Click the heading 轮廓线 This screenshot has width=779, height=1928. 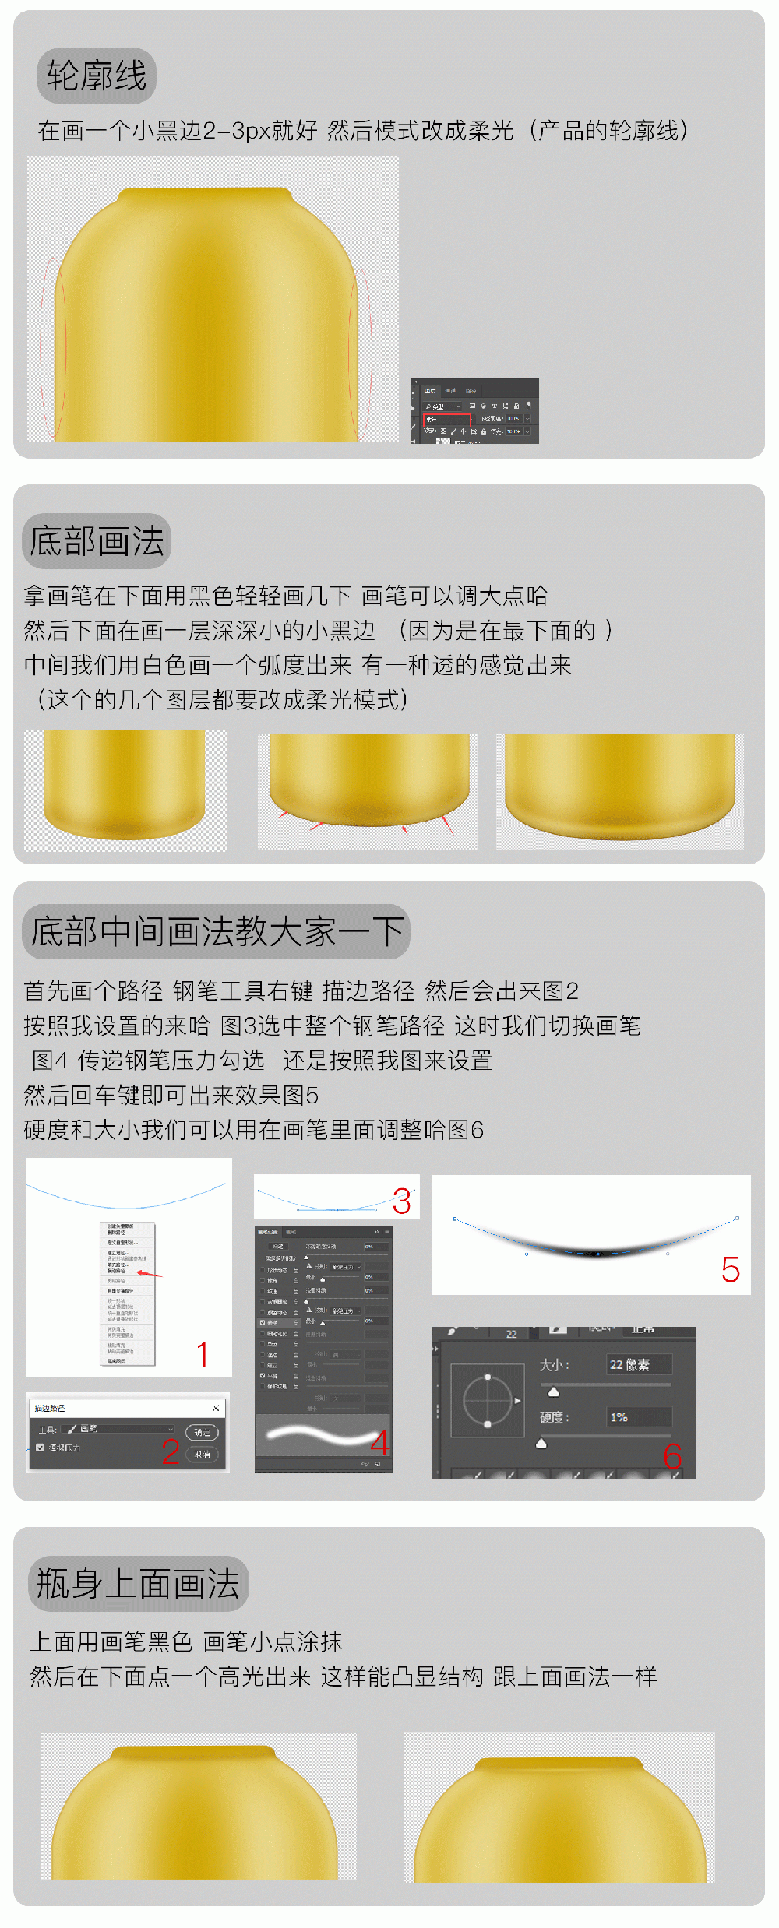coord(97,76)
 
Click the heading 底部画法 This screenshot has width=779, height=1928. coord(97,541)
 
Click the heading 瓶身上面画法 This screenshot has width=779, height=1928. coord(138,1583)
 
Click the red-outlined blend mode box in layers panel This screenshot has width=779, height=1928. coord(446,419)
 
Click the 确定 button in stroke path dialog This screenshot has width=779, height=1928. coord(202,1432)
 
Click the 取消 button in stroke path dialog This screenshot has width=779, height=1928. coord(202,1454)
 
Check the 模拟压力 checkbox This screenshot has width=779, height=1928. coord(40,1448)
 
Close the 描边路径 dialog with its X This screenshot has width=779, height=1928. coord(216,1408)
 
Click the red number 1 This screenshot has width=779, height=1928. coord(203,1354)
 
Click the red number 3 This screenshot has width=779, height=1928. coord(402,1201)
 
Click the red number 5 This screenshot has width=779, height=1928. coord(730,1270)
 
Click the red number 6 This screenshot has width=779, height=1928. coord(672,1456)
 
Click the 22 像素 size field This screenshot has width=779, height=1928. coord(638,1364)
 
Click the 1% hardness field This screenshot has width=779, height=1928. coord(638,1416)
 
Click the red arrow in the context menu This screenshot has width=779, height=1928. coord(149,1274)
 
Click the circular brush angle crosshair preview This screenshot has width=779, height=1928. coord(488,1400)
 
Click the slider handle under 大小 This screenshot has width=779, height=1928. coord(553,1391)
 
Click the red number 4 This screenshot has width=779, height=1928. coord(380,1442)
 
